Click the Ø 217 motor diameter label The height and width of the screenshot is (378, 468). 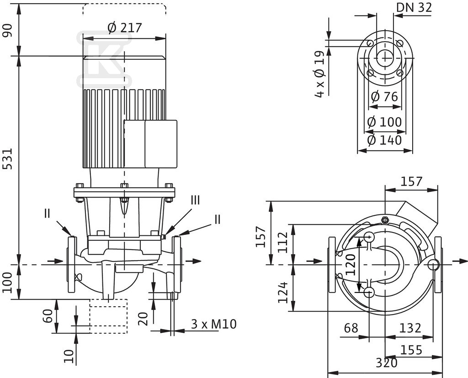(125, 28)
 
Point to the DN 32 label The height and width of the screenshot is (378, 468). (414, 7)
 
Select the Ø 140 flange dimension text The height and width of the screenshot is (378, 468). (384, 139)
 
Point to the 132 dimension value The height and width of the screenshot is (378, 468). (410, 328)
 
